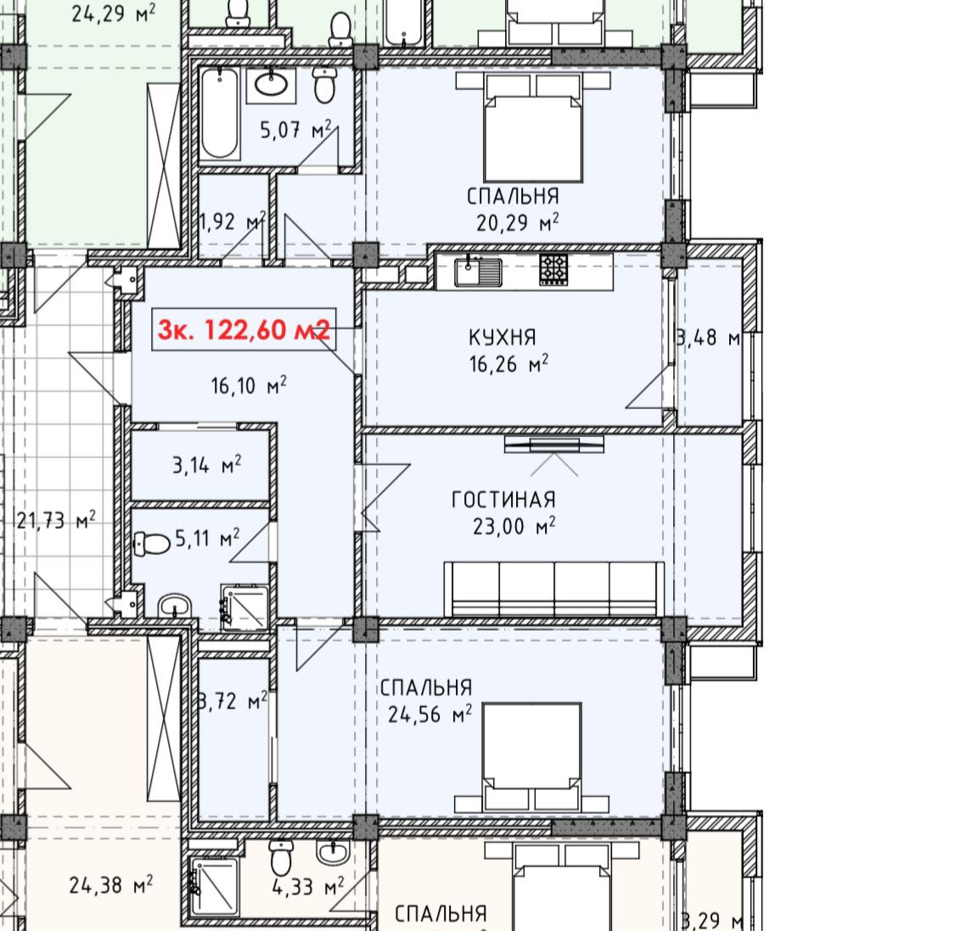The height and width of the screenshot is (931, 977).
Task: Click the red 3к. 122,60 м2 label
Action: click(x=244, y=329)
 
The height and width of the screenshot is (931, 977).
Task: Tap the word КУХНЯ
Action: click(x=503, y=337)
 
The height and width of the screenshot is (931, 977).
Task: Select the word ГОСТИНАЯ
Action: click(x=503, y=500)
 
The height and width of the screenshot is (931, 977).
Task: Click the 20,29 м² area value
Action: click(x=517, y=222)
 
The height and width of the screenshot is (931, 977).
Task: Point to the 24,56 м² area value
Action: click(x=430, y=714)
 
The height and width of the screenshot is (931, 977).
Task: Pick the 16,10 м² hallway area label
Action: click(x=249, y=386)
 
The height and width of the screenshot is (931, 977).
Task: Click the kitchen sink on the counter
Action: click(x=478, y=272)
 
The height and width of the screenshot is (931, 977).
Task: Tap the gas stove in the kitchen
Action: click(x=553, y=270)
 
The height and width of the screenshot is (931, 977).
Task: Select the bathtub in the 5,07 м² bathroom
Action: click(x=219, y=113)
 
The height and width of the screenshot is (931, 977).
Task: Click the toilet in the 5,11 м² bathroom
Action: click(x=152, y=544)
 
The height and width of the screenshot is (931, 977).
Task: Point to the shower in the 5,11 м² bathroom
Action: click(x=244, y=608)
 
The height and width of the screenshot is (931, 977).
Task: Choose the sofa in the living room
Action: click(x=554, y=589)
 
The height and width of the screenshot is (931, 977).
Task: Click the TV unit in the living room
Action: click(x=554, y=445)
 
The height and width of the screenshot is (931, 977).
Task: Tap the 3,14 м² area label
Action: click(x=207, y=465)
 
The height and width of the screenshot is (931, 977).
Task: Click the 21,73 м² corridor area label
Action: click(x=56, y=519)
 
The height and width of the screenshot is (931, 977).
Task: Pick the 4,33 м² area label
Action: click(x=308, y=886)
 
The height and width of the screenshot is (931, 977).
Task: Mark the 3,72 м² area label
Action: click(x=233, y=702)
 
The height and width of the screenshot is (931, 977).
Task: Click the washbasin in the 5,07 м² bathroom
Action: click(x=271, y=85)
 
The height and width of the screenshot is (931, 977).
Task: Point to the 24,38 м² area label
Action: click(x=111, y=885)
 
